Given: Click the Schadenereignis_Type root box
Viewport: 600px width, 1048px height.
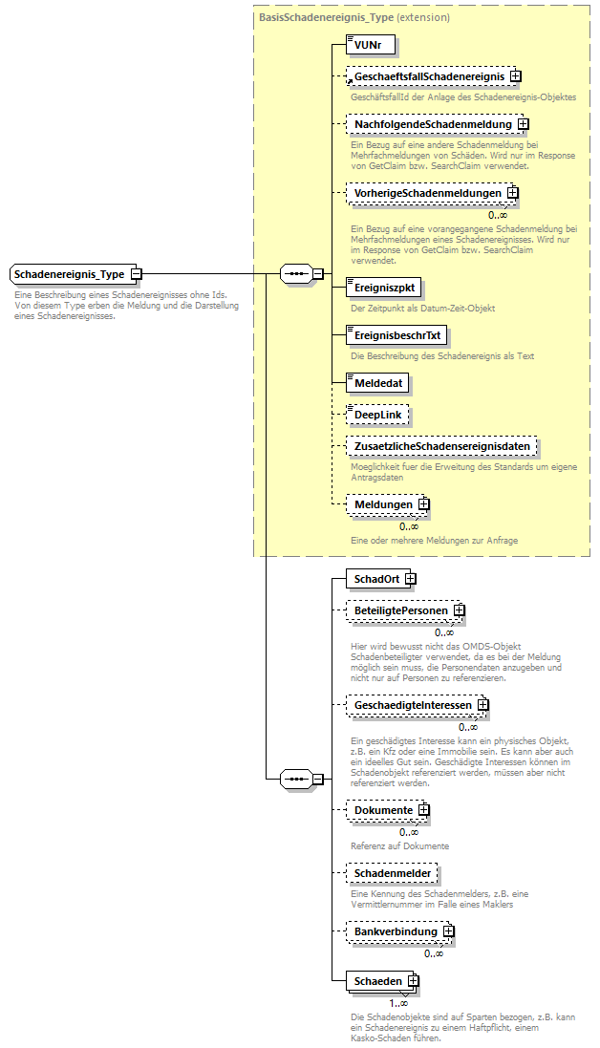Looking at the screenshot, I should tap(70, 274).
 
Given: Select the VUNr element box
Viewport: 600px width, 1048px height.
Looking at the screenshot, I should tap(370, 45).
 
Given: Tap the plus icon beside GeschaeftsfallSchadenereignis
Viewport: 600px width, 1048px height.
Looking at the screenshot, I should tap(514, 75).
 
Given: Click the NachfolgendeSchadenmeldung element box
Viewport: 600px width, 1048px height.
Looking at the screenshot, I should tap(432, 123).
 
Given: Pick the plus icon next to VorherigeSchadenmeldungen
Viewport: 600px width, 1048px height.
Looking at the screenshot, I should tap(513, 193).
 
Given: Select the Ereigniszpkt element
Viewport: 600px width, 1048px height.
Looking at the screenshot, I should tap(381, 286).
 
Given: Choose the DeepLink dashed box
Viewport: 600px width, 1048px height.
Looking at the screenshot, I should tap(376, 415).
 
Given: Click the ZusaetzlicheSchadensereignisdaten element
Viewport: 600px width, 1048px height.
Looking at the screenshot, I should tap(440, 446).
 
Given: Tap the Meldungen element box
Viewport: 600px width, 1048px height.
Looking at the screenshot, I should tap(383, 503).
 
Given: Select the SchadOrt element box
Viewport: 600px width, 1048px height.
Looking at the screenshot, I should tap(376, 579).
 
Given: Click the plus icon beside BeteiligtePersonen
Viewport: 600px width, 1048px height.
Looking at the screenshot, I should tap(459, 610).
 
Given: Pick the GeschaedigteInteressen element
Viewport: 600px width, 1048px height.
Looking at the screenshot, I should tap(412, 706).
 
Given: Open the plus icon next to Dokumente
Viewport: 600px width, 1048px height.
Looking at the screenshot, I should tap(424, 810).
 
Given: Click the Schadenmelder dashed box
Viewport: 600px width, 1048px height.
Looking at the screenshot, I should tap(392, 873).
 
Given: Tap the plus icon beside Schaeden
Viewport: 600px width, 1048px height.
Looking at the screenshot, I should tap(413, 981).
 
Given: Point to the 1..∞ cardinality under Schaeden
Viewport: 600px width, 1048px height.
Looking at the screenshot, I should tap(398, 1002).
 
